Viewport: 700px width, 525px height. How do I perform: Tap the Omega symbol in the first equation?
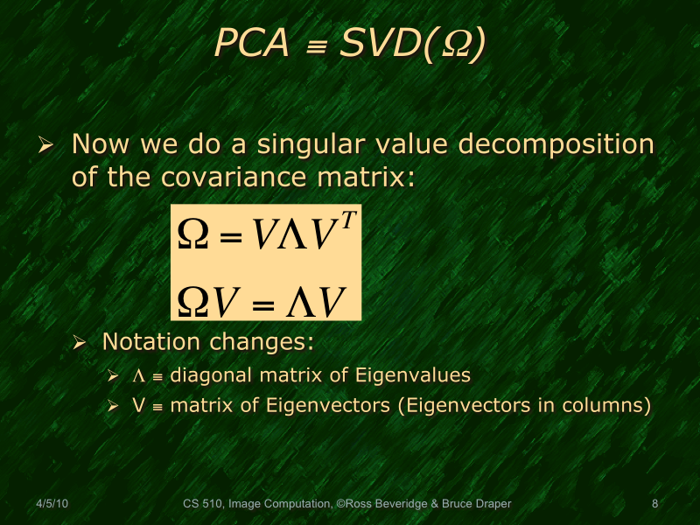(192, 234)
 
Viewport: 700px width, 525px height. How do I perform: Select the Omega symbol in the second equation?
(192, 302)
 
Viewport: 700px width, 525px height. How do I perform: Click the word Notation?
(142, 340)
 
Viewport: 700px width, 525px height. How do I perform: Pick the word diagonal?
(207, 376)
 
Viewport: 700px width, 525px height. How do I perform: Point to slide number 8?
(655, 504)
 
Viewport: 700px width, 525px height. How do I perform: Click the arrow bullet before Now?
(48, 145)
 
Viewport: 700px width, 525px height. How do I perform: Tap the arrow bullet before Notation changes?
(80, 342)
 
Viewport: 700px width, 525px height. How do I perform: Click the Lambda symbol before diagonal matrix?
(138, 376)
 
